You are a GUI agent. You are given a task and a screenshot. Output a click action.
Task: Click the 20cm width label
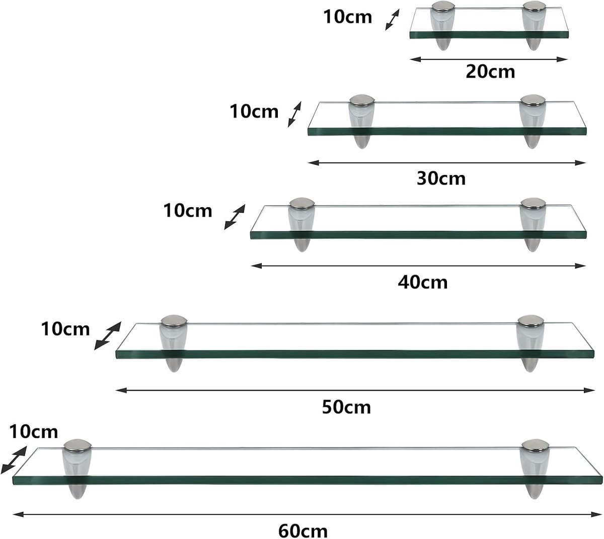point(490,72)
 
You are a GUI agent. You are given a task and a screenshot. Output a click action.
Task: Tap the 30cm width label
point(441,178)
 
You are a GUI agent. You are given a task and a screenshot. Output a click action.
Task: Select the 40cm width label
point(423,282)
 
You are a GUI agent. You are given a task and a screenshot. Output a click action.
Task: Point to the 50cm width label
point(346,407)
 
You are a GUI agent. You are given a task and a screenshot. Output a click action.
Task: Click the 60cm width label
point(303,531)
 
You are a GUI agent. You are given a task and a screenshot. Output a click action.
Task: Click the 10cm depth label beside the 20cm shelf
point(348,17)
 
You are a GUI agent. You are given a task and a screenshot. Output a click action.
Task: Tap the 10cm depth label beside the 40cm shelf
point(188,211)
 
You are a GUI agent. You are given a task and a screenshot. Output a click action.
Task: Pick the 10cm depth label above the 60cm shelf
point(33,432)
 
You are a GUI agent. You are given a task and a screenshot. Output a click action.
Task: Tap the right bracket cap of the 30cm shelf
point(533,101)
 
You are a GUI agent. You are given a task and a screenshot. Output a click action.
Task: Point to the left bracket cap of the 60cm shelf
point(78,445)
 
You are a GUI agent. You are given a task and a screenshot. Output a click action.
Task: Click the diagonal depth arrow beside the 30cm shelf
point(294,114)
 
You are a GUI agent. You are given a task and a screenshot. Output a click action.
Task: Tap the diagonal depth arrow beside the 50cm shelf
point(108,335)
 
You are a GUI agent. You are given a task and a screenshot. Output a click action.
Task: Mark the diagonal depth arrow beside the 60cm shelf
point(14,460)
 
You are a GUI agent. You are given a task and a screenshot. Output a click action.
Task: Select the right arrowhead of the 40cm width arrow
point(580,266)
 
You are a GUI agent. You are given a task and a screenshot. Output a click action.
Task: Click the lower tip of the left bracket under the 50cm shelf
point(174,372)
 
